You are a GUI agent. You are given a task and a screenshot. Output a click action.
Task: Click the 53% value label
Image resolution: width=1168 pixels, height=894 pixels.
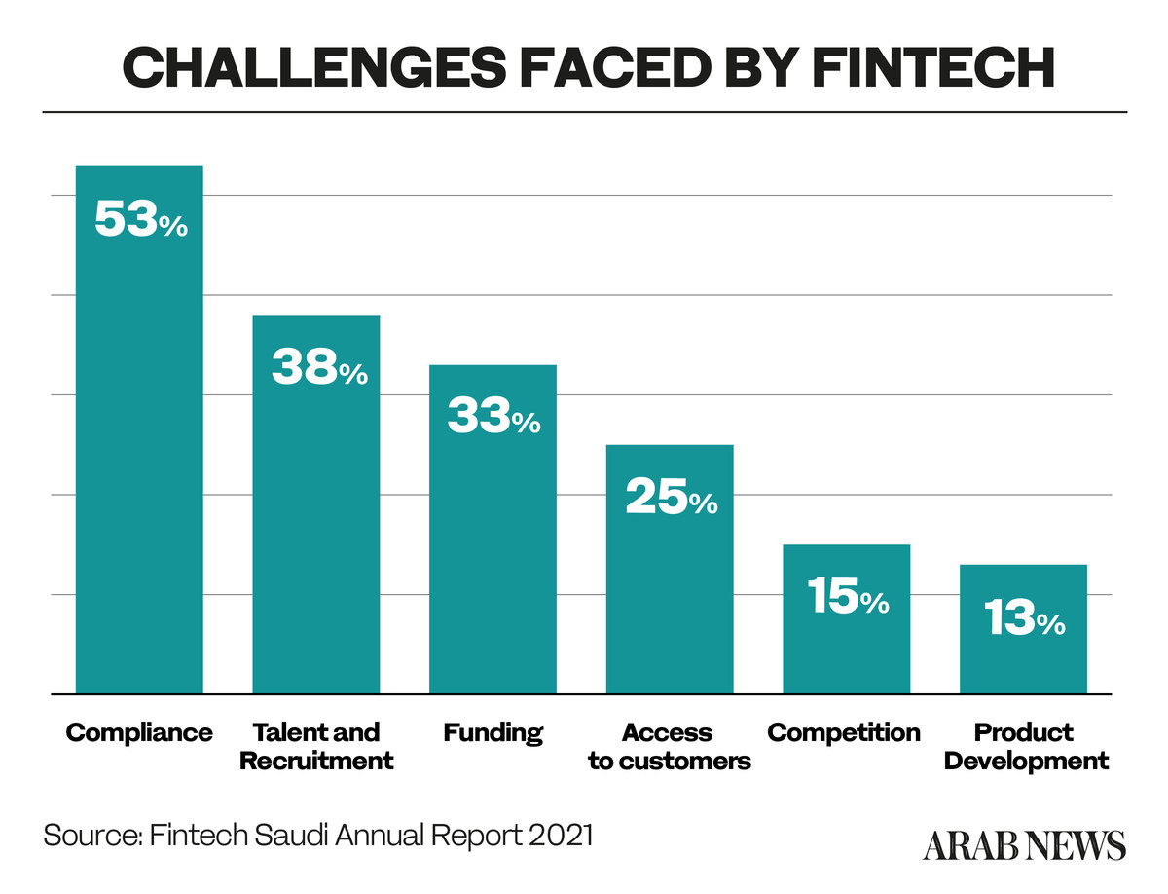(x=140, y=221)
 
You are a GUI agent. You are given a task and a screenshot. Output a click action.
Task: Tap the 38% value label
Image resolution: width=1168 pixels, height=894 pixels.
(x=318, y=369)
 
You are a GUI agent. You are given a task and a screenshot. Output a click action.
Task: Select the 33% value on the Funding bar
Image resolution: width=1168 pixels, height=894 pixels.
(x=493, y=419)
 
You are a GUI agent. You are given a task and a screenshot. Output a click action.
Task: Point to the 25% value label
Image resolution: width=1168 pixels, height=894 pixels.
(x=671, y=499)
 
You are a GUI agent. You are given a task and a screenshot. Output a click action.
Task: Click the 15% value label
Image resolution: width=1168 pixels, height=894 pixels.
(x=847, y=598)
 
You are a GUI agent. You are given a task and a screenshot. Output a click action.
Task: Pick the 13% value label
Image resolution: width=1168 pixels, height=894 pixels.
(x=1023, y=619)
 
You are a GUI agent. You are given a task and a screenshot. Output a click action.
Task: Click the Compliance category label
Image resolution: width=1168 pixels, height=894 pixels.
(x=139, y=732)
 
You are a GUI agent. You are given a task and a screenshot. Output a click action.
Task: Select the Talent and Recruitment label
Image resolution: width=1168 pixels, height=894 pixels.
(x=316, y=746)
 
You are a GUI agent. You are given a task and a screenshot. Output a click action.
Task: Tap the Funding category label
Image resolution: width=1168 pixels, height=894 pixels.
(x=493, y=732)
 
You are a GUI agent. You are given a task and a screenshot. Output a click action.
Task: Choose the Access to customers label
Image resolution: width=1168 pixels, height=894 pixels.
(x=670, y=746)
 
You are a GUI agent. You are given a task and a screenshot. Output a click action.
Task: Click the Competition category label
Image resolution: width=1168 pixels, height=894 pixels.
(x=844, y=732)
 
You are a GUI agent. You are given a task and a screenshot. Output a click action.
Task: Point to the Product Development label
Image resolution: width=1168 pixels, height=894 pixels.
(x=1026, y=746)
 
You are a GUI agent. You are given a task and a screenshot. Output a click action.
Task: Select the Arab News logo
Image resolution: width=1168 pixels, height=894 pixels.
(x=1024, y=844)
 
